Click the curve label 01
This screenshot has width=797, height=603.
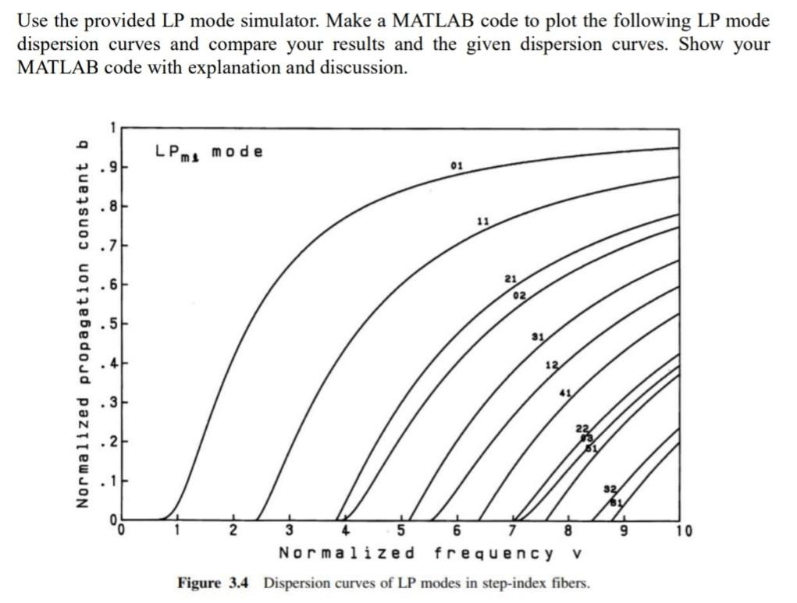(457, 165)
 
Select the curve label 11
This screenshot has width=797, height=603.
(483, 222)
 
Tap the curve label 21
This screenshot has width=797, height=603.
(511, 278)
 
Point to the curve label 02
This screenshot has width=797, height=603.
(519, 295)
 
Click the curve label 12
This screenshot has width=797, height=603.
(552, 366)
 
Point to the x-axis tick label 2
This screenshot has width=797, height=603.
(233, 534)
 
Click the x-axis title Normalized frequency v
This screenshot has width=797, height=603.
(431, 554)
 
